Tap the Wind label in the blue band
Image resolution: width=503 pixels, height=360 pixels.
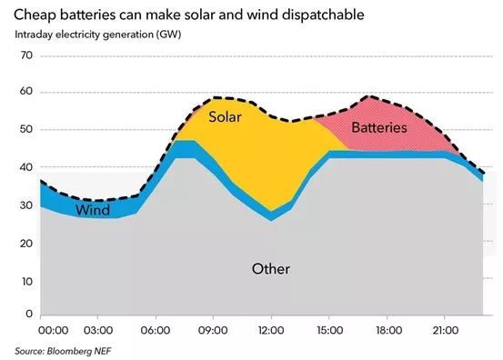coord(93,210)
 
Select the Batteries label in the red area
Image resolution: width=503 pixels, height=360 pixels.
coord(378,128)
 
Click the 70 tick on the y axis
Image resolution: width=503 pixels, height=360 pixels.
coord(25,55)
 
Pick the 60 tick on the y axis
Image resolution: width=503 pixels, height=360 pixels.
coord(25,93)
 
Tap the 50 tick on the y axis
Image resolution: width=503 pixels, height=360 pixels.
coord(25,130)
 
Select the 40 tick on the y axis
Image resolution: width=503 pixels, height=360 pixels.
coord(25,167)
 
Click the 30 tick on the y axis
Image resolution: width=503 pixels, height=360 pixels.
coord(25,204)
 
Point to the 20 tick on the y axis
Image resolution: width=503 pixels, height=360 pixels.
coord(25,241)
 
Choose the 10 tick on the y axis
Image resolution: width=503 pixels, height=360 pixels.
coord(25,278)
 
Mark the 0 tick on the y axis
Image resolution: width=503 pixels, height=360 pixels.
coord(28,315)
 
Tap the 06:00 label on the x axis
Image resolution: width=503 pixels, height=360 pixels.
coord(157,331)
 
